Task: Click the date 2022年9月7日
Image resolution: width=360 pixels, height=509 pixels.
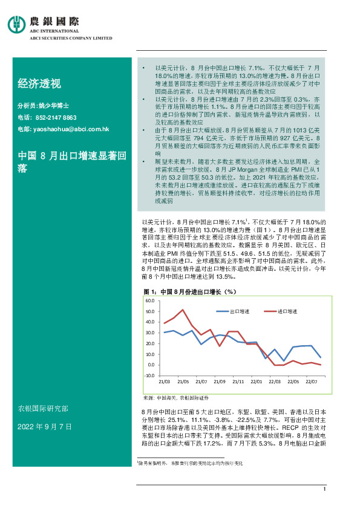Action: [45, 426]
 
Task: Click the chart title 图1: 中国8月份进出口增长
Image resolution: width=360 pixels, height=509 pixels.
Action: [188, 291]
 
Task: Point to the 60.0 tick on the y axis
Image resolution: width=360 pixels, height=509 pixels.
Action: [150, 300]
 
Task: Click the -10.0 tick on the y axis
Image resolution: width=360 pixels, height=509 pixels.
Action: [149, 375]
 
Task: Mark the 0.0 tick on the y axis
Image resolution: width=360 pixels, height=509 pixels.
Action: [151, 365]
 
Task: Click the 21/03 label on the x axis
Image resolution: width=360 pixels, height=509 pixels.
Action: [164, 382]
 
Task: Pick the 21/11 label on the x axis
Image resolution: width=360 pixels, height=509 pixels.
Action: [237, 382]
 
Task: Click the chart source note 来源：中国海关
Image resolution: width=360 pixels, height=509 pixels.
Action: [176, 398]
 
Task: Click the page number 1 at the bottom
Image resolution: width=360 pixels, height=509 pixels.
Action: [325, 489]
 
